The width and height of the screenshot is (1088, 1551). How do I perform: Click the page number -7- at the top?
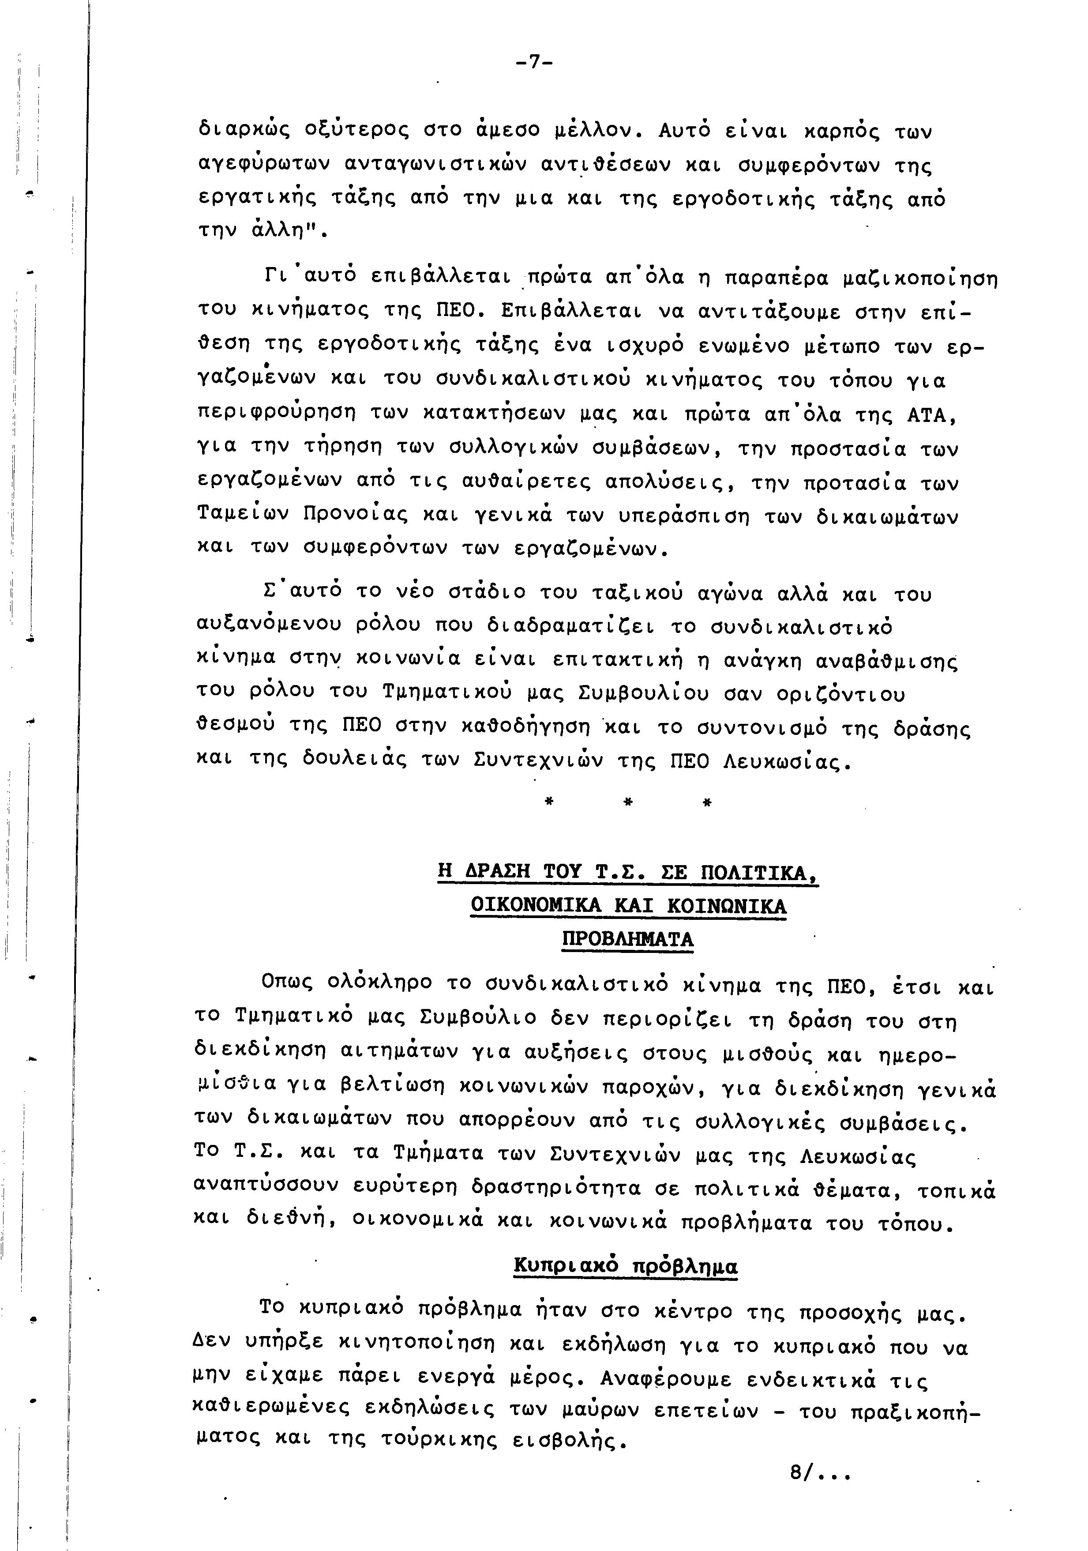pos(533,63)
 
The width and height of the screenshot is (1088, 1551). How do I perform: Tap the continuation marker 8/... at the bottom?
pos(818,1491)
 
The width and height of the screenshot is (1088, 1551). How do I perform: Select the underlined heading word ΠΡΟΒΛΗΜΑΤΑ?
pos(627,940)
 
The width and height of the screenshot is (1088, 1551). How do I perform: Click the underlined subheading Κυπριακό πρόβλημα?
pos(625,1266)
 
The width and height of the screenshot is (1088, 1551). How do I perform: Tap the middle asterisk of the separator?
pos(627,802)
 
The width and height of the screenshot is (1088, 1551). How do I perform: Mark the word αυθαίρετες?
pos(518,483)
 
